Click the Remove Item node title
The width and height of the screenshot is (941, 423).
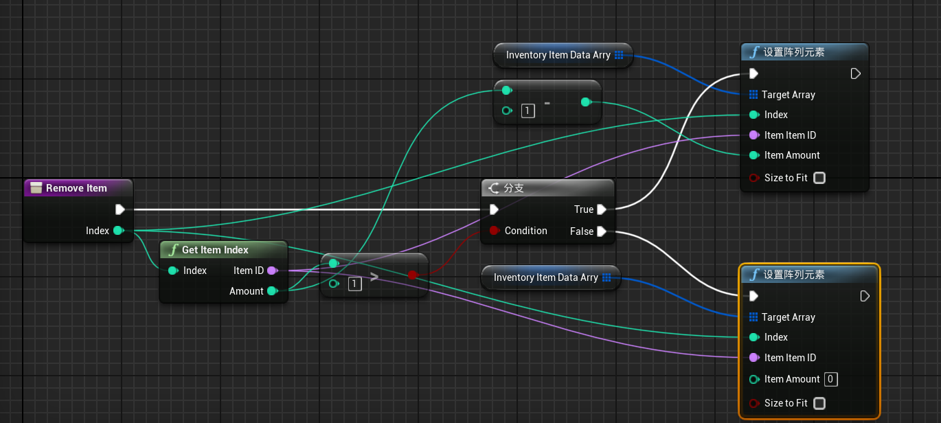pyautogui.click(x=76, y=188)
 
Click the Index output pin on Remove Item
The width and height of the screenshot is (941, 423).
pyautogui.click(x=119, y=230)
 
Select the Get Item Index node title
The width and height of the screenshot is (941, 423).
pyautogui.click(x=215, y=250)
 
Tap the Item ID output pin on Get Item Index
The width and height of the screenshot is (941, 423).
pyautogui.click(x=273, y=271)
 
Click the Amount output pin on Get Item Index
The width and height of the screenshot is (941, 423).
pyautogui.click(x=273, y=290)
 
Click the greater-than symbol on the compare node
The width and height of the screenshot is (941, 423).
pyautogui.click(x=374, y=276)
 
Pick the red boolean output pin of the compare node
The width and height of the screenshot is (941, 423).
pyautogui.click(x=413, y=275)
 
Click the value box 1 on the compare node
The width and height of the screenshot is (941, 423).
pyautogui.click(x=354, y=284)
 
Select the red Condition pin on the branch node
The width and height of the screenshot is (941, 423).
pyautogui.click(x=495, y=230)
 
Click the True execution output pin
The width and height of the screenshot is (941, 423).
pyautogui.click(x=602, y=209)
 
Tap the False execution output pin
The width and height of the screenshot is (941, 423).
pyautogui.click(x=602, y=231)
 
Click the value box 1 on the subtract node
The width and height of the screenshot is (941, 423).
pyautogui.click(x=528, y=111)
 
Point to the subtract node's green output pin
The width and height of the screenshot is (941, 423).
pyautogui.click(x=586, y=102)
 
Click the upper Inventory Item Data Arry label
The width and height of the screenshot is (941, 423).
pyautogui.click(x=558, y=55)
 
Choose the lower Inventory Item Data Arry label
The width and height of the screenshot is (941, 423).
pyautogui.click(x=545, y=277)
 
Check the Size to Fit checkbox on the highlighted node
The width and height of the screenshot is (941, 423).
pyautogui.click(x=819, y=403)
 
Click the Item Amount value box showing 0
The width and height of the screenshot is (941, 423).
pyautogui.click(x=830, y=379)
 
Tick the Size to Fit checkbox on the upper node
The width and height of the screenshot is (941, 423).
pyautogui.click(x=819, y=178)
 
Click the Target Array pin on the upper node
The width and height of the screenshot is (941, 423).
pyautogui.click(x=753, y=95)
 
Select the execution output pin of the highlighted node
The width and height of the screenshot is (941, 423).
pyautogui.click(x=865, y=296)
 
